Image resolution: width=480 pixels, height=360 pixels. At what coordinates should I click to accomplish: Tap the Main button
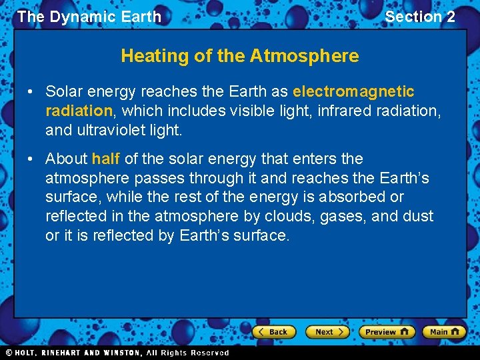[x=445, y=331]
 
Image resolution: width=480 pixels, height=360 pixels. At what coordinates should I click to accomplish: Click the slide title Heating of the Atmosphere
[x=239, y=56]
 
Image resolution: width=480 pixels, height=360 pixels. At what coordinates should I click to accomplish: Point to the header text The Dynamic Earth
[x=89, y=17]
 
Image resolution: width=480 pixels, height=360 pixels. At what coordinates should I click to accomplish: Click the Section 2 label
[x=420, y=17]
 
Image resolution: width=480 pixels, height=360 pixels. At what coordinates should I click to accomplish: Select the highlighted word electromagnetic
[x=353, y=91]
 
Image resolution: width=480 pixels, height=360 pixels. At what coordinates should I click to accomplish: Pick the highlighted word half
[x=105, y=159]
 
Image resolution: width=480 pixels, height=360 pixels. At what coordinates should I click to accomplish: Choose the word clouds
[x=300, y=217]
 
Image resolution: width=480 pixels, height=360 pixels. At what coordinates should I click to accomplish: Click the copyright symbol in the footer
[x=9, y=353]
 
